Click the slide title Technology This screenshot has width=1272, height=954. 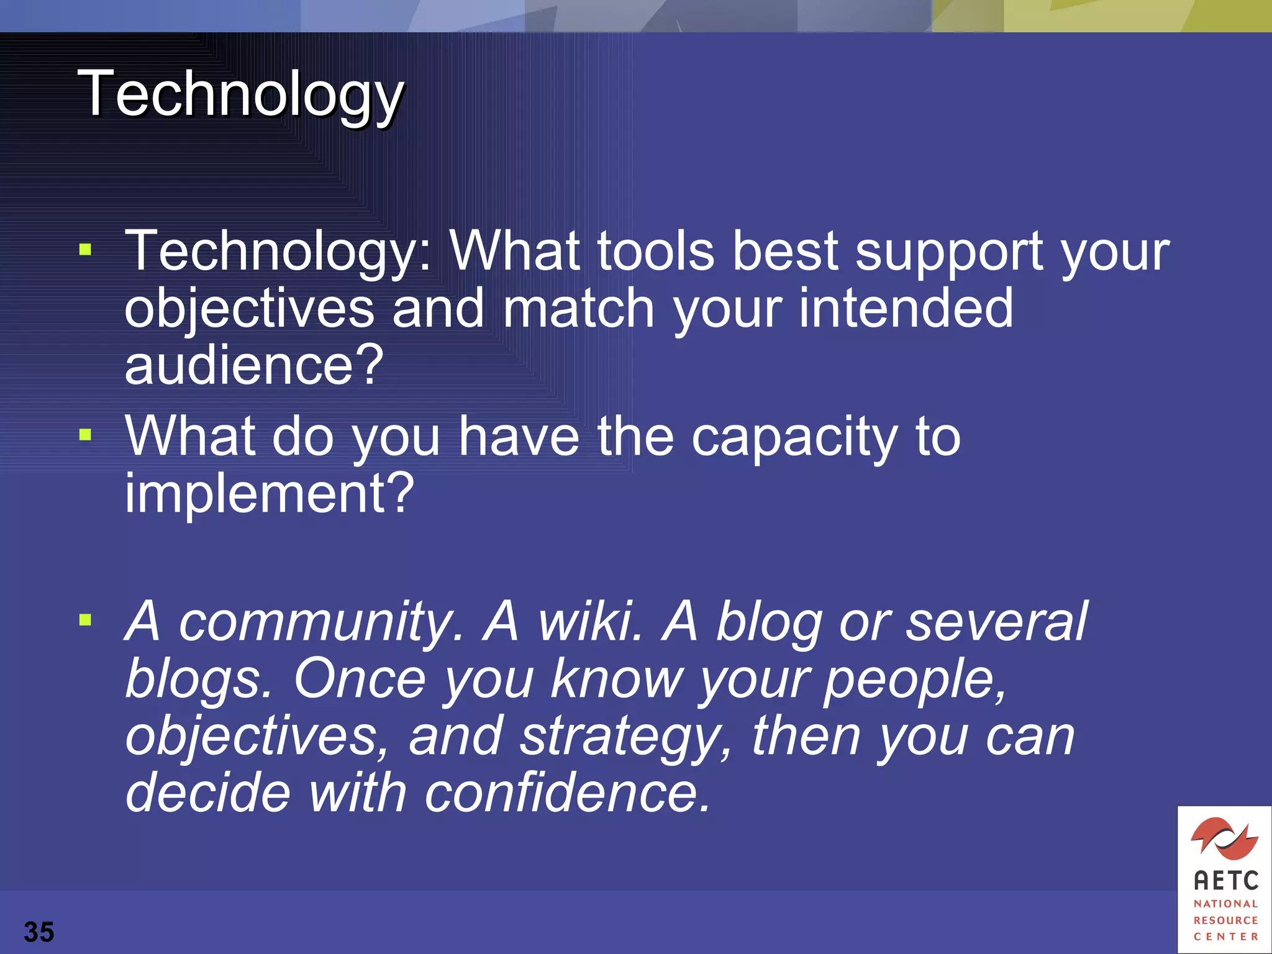pos(241,94)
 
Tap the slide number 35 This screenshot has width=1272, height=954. pos(39,932)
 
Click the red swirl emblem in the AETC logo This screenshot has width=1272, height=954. pos(1224,838)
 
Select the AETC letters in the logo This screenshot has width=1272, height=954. pos(1225,881)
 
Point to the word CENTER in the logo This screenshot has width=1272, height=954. pos(1225,937)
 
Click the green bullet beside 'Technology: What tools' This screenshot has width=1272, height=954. pos(86,250)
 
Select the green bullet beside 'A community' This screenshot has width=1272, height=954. pos(86,619)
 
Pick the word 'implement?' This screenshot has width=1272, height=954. pos(269,493)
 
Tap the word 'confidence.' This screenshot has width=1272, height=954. pos(567,793)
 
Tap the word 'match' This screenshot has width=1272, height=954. pos(578,308)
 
